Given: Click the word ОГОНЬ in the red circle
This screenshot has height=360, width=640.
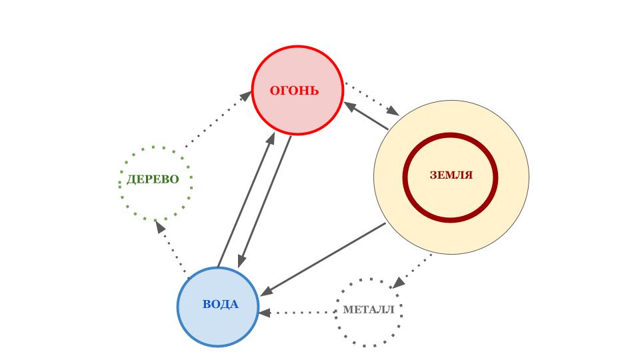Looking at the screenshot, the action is click(x=294, y=90).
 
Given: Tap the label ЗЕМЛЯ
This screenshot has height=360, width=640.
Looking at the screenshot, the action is click(x=451, y=175).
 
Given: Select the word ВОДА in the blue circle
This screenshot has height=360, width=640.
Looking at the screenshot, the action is click(x=221, y=304).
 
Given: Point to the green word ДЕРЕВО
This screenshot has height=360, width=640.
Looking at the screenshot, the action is click(x=153, y=179).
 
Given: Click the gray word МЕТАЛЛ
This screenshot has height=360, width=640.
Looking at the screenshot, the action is click(x=369, y=310).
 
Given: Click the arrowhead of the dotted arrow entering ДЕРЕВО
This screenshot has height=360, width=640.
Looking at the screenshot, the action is click(x=160, y=227).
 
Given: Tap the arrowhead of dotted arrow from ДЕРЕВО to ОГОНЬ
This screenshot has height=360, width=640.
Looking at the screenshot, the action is click(x=246, y=96).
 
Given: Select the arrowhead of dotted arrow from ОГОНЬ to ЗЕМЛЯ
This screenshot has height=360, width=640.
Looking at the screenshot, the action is click(x=393, y=111).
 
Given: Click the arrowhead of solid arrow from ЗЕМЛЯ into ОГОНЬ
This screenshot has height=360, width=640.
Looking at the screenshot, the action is click(x=350, y=107).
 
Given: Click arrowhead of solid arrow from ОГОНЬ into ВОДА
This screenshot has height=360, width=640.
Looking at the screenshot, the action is click(x=242, y=261).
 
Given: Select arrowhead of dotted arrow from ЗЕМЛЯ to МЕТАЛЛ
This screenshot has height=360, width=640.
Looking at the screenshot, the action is click(x=399, y=283).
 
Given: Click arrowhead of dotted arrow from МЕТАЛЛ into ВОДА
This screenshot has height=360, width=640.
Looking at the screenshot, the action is click(x=265, y=313).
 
